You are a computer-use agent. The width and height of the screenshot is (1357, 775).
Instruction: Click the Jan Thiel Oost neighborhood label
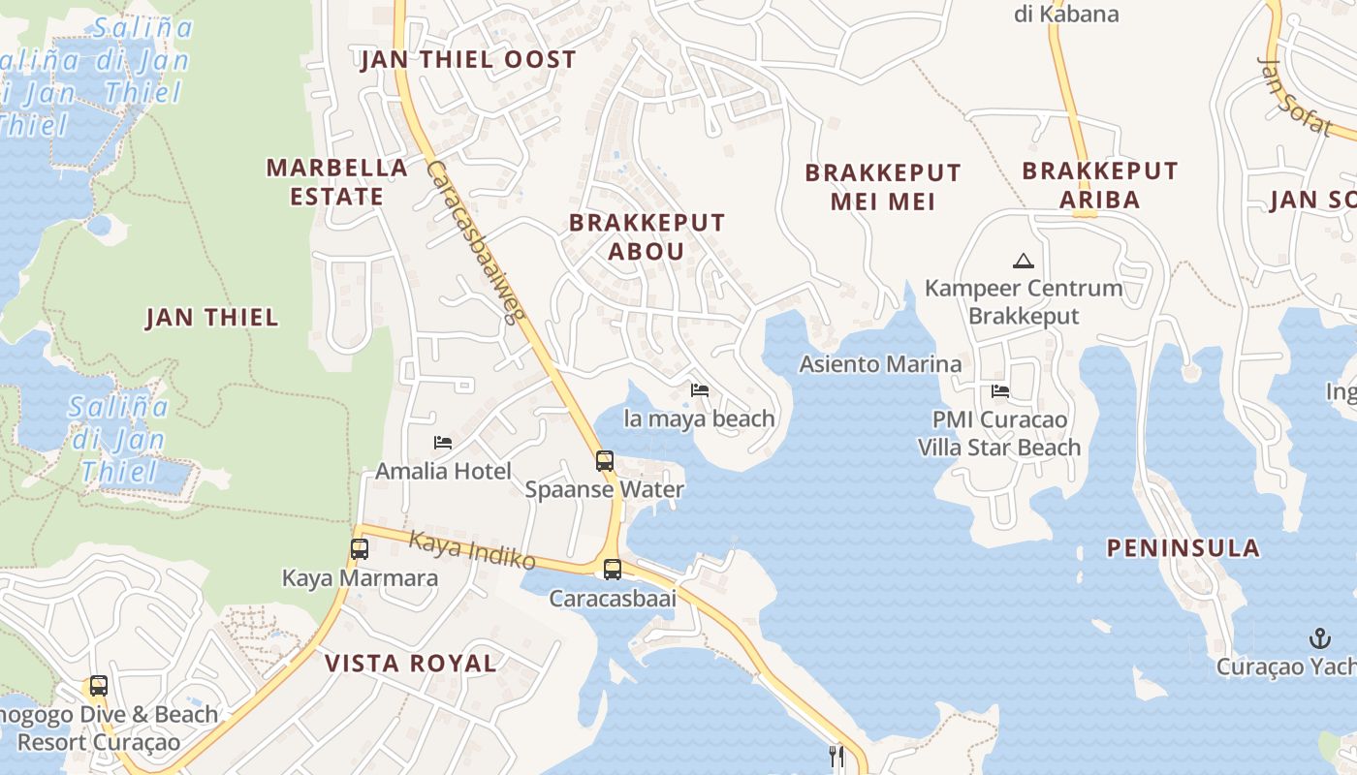pos(468,60)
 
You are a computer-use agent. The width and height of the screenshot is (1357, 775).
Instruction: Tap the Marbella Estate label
pos(336,182)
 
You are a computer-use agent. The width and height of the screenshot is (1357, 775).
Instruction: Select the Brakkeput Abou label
pos(647,236)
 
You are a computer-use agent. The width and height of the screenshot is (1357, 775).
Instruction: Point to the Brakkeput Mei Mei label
pos(883,187)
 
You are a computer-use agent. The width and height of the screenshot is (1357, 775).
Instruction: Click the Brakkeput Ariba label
pos(1099,185)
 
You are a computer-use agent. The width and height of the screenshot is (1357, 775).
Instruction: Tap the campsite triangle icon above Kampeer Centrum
pos(1023,261)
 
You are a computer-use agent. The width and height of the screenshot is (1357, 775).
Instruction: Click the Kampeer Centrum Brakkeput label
pos(1024,302)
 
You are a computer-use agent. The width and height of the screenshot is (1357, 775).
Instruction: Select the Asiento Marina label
pos(880,364)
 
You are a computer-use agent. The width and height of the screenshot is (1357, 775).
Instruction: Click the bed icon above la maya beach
pos(700,390)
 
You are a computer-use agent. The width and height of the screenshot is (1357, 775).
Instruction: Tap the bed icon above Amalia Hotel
pos(443,443)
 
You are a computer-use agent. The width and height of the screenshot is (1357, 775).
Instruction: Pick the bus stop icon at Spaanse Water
pos(605,461)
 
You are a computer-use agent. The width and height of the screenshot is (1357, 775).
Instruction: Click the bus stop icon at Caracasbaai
pos(613,570)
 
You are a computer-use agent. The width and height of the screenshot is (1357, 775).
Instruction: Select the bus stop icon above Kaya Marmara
pos(360,549)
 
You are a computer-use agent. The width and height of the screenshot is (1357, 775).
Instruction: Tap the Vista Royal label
pos(410,664)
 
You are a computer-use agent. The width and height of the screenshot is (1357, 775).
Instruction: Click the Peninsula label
pos(1183,548)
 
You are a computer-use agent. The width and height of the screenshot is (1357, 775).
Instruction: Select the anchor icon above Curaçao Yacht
pos(1319,637)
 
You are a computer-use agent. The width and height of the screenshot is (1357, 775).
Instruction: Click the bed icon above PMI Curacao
pos(1000,391)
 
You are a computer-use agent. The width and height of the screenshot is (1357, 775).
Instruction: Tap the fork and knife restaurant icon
pos(836,756)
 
